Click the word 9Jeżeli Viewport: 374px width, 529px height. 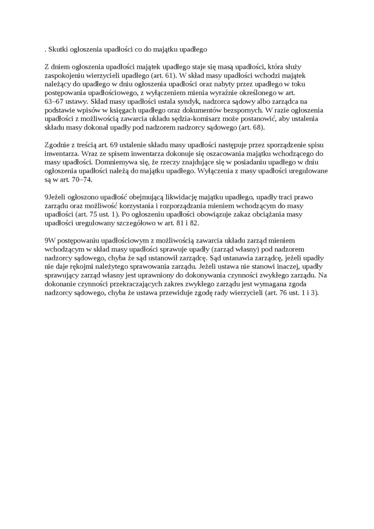click(56, 197)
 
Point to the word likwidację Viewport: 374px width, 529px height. click(183, 197)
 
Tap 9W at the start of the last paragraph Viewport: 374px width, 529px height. click(50, 241)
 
